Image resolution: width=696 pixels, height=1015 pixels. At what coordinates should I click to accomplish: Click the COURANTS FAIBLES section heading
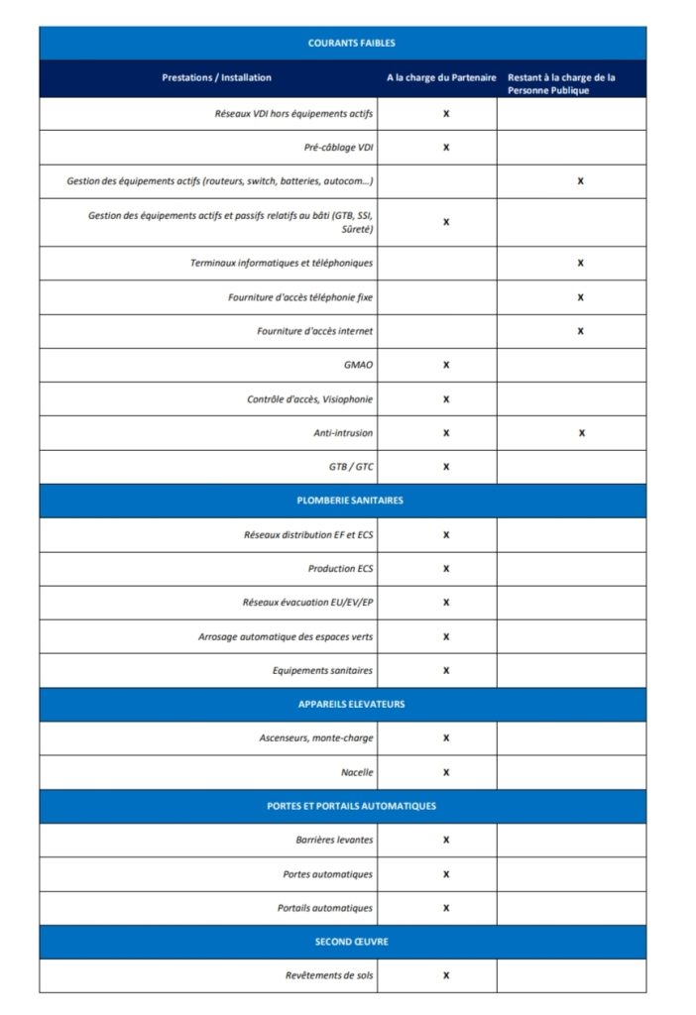point(352,44)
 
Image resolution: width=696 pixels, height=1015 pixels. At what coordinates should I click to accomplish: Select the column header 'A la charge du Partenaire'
point(441,77)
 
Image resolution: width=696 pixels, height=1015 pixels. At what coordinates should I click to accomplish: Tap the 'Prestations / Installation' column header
point(216,77)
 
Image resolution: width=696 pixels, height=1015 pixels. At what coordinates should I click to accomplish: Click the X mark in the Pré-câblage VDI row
point(446,148)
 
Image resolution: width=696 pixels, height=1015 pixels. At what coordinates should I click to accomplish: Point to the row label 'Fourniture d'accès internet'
point(315,331)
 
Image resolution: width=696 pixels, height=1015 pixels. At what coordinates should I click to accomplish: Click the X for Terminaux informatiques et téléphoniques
point(581,263)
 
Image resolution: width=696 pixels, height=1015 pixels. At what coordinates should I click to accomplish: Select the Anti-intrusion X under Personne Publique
point(581,433)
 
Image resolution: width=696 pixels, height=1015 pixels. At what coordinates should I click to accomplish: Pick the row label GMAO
point(358,365)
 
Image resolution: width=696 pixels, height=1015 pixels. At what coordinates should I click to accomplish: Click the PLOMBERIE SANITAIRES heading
point(351,501)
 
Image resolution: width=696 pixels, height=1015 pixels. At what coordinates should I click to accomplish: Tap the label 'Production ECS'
point(340,568)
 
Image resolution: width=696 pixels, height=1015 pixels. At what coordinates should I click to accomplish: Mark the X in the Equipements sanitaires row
point(446,670)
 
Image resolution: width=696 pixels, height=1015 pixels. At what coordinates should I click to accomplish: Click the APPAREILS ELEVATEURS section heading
point(351,704)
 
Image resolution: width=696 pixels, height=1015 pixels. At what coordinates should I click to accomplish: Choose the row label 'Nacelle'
point(357,772)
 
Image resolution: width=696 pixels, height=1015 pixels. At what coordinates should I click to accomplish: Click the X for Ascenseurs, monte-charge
point(446,737)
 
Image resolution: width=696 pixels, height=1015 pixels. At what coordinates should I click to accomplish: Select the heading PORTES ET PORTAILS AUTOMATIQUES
point(351,806)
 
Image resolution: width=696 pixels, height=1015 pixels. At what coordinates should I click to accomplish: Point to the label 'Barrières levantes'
point(334,840)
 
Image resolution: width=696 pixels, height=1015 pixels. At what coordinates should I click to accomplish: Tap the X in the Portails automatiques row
point(446,908)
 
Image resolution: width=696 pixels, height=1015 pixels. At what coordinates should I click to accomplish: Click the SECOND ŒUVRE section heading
point(351,942)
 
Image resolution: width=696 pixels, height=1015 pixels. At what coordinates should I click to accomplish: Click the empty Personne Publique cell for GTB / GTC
point(571,467)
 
